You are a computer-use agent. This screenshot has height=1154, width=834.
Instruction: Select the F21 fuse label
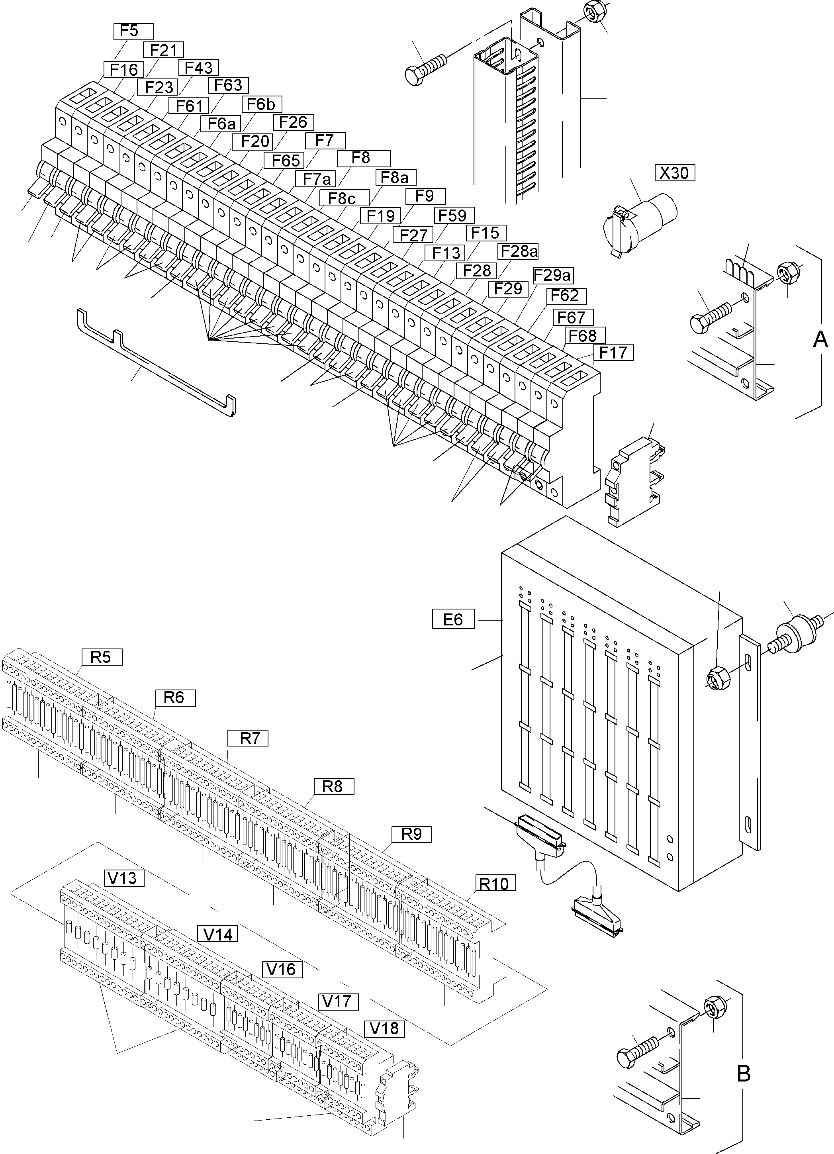pyautogui.click(x=163, y=50)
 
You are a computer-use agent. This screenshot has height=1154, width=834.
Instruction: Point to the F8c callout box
pyautogui.click(x=341, y=198)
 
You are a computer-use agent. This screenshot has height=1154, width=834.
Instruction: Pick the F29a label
pyautogui.click(x=552, y=276)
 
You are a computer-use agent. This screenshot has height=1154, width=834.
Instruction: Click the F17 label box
pyautogui.click(x=613, y=352)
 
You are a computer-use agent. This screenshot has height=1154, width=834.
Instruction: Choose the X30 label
pyautogui.click(x=674, y=173)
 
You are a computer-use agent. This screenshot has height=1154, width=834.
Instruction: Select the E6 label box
pyautogui.click(x=453, y=619)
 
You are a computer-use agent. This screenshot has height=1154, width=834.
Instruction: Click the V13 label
pyautogui.click(x=123, y=878)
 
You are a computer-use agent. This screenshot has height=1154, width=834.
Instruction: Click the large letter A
pyautogui.click(x=820, y=339)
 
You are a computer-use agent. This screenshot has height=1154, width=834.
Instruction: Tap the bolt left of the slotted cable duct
pyautogui.click(x=425, y=70)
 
